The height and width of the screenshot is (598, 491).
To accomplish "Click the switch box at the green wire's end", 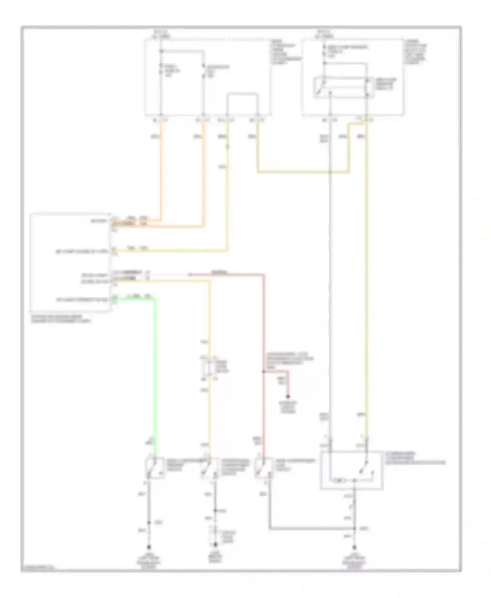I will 155,468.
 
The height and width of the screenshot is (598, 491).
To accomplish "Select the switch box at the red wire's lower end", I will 264,468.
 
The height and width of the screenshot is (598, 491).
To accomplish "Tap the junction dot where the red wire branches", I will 263,371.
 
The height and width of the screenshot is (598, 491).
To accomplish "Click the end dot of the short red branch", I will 288,396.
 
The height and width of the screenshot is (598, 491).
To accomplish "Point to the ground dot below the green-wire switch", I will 149,547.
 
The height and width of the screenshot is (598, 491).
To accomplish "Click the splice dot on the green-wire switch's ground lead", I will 149,523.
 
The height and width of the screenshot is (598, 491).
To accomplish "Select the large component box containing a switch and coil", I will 351,470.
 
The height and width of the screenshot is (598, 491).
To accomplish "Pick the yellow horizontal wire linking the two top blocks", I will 303,172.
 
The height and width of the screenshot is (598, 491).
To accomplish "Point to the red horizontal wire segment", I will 226,274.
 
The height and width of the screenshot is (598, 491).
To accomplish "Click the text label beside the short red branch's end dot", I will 288,407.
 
